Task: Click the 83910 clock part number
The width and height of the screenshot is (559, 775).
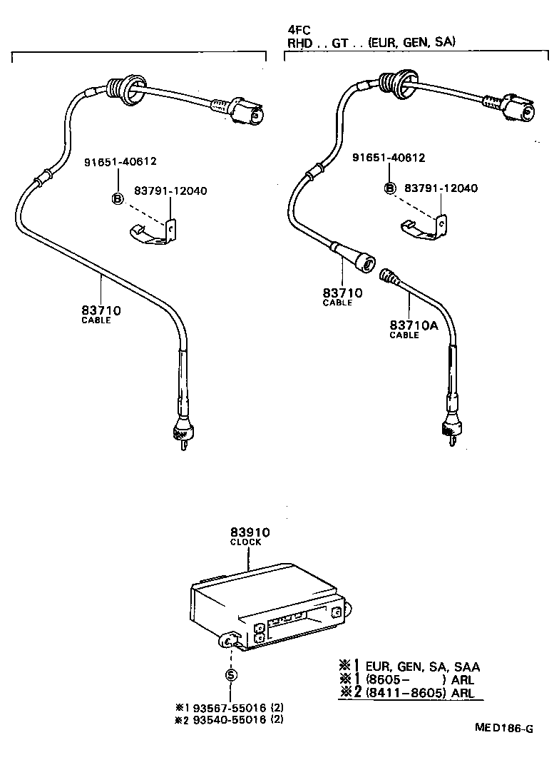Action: coord(249,532)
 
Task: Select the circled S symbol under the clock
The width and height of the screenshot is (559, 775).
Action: coord(231,674)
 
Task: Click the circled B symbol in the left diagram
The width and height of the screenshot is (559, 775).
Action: coord(117,198)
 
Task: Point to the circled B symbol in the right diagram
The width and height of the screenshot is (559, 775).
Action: coord(389,188)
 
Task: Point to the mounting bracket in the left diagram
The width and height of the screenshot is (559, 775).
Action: coord(156,233)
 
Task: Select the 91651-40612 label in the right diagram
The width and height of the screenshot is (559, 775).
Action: coord(389,158)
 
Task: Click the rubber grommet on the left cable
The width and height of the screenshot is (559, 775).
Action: coord(121,88)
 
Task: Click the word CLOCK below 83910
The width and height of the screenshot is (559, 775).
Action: coord(245,542)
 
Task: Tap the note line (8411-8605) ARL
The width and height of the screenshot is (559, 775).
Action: coord(420,693)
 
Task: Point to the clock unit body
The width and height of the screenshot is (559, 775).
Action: coord(264,607)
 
